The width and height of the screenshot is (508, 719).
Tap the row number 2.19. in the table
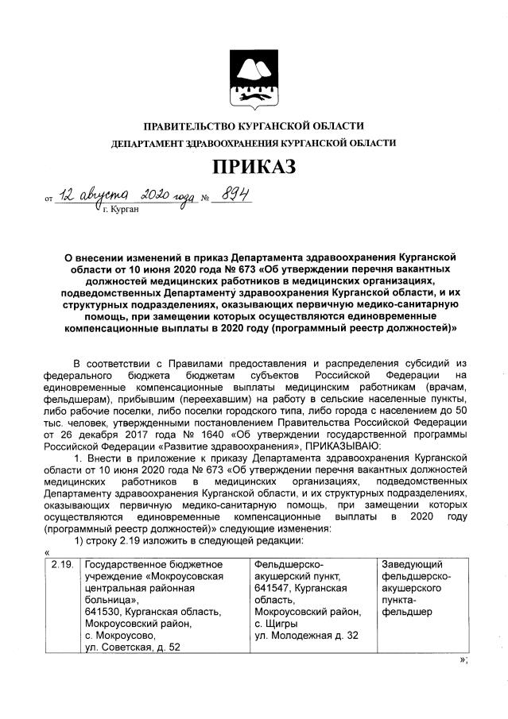pos(60,564)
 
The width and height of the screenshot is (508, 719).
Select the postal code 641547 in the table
pos(269,588)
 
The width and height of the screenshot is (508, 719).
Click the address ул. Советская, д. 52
pos(132,647)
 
